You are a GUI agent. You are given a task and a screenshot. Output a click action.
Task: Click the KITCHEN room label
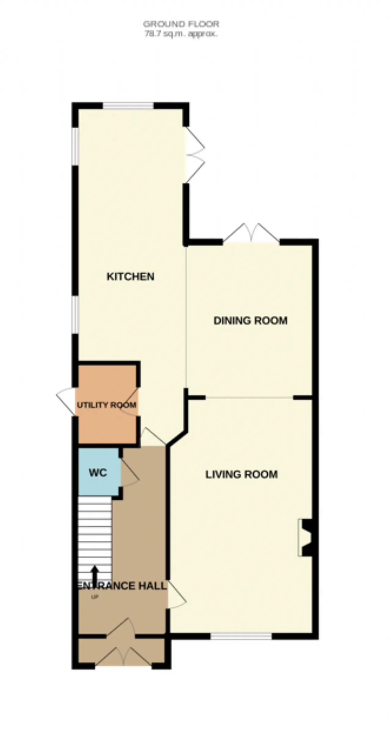[130, 276]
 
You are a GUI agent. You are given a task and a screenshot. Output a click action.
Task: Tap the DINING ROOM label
[250, 320]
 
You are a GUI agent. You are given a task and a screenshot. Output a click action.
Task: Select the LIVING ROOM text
[241, 474]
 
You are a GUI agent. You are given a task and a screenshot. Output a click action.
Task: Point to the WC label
[98, 473]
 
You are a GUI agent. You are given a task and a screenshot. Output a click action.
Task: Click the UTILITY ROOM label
[107, 405]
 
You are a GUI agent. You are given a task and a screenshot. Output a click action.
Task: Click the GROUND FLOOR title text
[181, 24]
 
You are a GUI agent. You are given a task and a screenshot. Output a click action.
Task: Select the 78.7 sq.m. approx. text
[181, 34]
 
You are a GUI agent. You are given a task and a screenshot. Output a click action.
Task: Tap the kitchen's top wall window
[128, 106]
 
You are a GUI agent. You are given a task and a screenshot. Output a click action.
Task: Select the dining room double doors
[251, 234]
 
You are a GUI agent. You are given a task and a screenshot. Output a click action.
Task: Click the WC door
[130, 472]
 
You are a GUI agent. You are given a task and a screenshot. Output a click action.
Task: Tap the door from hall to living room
[177, 594]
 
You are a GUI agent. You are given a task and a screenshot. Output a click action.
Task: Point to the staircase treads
[95, 541]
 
